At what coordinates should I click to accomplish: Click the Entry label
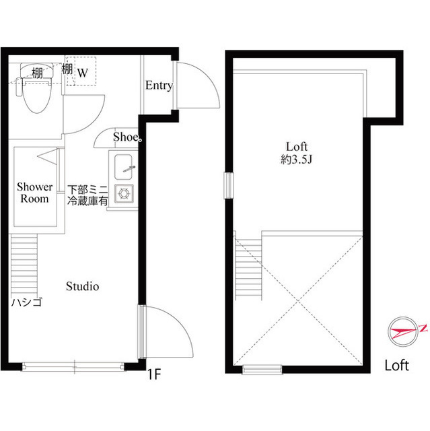point(159,86)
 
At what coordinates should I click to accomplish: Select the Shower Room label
point(34,192)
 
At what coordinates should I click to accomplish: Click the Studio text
point(82,286)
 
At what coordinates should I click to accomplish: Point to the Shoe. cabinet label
point(127,137)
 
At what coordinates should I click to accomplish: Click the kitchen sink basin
point(124,165)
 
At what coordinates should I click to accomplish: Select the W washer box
point(85,71)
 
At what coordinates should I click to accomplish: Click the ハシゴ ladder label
point(27,302)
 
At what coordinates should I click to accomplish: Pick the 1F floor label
point(154,372)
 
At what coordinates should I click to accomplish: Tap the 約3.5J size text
point(296,160)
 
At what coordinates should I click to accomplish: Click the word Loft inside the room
point(297,147)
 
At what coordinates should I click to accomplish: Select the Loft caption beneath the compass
point(396,366)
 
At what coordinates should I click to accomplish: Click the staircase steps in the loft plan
point(244,265)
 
